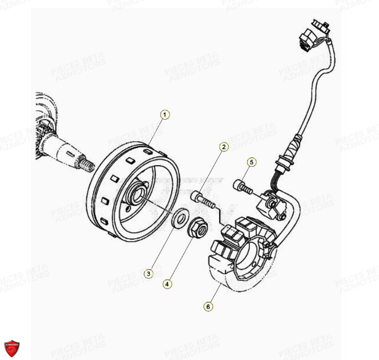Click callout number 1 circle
tap(165, 115)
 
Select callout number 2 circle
tap(224, 147)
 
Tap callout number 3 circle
tap(148, 272)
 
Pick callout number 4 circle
tap(167, 284)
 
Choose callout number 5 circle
tap(252, 162)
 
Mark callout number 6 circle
tap(209, 306)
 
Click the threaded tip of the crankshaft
tap(86, 164)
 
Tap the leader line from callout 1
tap(157, 131)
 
